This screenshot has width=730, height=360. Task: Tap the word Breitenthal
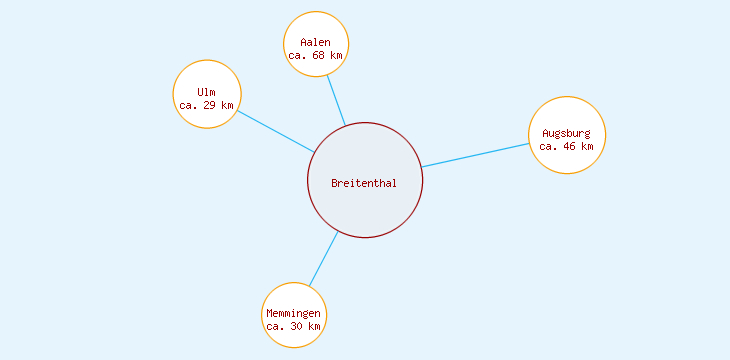tap(364, 183)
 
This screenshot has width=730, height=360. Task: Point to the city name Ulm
tap(207, 93)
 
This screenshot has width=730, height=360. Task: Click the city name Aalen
tap(316, 43)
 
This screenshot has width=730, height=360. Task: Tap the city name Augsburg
tap(567, 133)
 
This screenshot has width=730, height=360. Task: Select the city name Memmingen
tap(294, 314)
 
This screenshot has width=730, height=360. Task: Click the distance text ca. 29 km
tap(207, 105)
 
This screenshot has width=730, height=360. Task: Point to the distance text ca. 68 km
tap(316, 56)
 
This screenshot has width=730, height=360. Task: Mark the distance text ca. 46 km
tap(567, 146)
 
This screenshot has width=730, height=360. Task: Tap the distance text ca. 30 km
tap(294, 327)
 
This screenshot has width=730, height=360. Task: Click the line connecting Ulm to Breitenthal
tap(276, 131)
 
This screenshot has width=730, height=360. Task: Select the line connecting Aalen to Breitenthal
tap(336, 101)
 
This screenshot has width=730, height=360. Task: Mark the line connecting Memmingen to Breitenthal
tap(323, 259)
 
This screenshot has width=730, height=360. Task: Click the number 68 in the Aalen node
tap(319, 56)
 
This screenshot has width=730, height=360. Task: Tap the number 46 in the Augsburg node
tap(570, 146)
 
